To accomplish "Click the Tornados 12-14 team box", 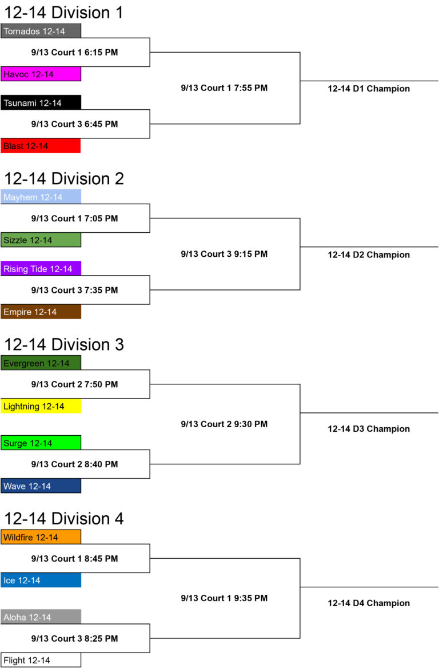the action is (x=41, y=31).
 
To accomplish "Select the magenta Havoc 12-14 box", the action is (x=41, y=74).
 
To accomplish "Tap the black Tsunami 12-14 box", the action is (x=41, y=103).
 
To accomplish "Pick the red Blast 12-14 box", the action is (x=41, y=146).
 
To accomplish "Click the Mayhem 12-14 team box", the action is (x=41, y=197).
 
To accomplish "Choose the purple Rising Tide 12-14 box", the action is (x=41, y=269).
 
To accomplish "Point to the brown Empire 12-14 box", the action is (x=41, y=312).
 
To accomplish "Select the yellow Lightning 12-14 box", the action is (x=41, y=406).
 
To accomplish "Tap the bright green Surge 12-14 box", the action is (x=41, y=443).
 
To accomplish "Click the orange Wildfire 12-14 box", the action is (x=41, y=537).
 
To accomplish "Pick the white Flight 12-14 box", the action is (x=41, y=660).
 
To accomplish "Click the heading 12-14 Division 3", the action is (x=64, y=344).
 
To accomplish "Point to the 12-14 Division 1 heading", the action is (x=63, y=13).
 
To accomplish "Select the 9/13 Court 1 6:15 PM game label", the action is (x=74, y=53).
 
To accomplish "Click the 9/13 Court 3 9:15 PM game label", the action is (x=225, y=254).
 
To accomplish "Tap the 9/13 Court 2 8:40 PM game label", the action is (x=74, y=464).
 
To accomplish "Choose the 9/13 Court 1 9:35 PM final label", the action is (x=225, y=598).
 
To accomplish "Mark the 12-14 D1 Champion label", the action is (x=369, y=89).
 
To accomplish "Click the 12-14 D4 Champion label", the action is (x=369, y=603).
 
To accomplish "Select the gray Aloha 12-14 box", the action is (x=41, y=617).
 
